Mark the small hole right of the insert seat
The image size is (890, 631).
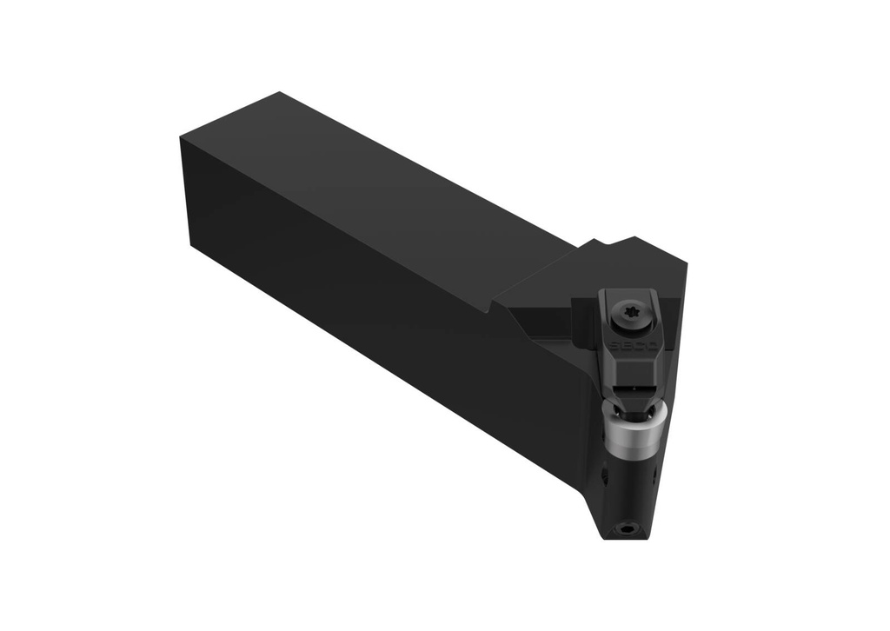[653, 477]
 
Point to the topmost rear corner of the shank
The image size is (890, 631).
[277, 92]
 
